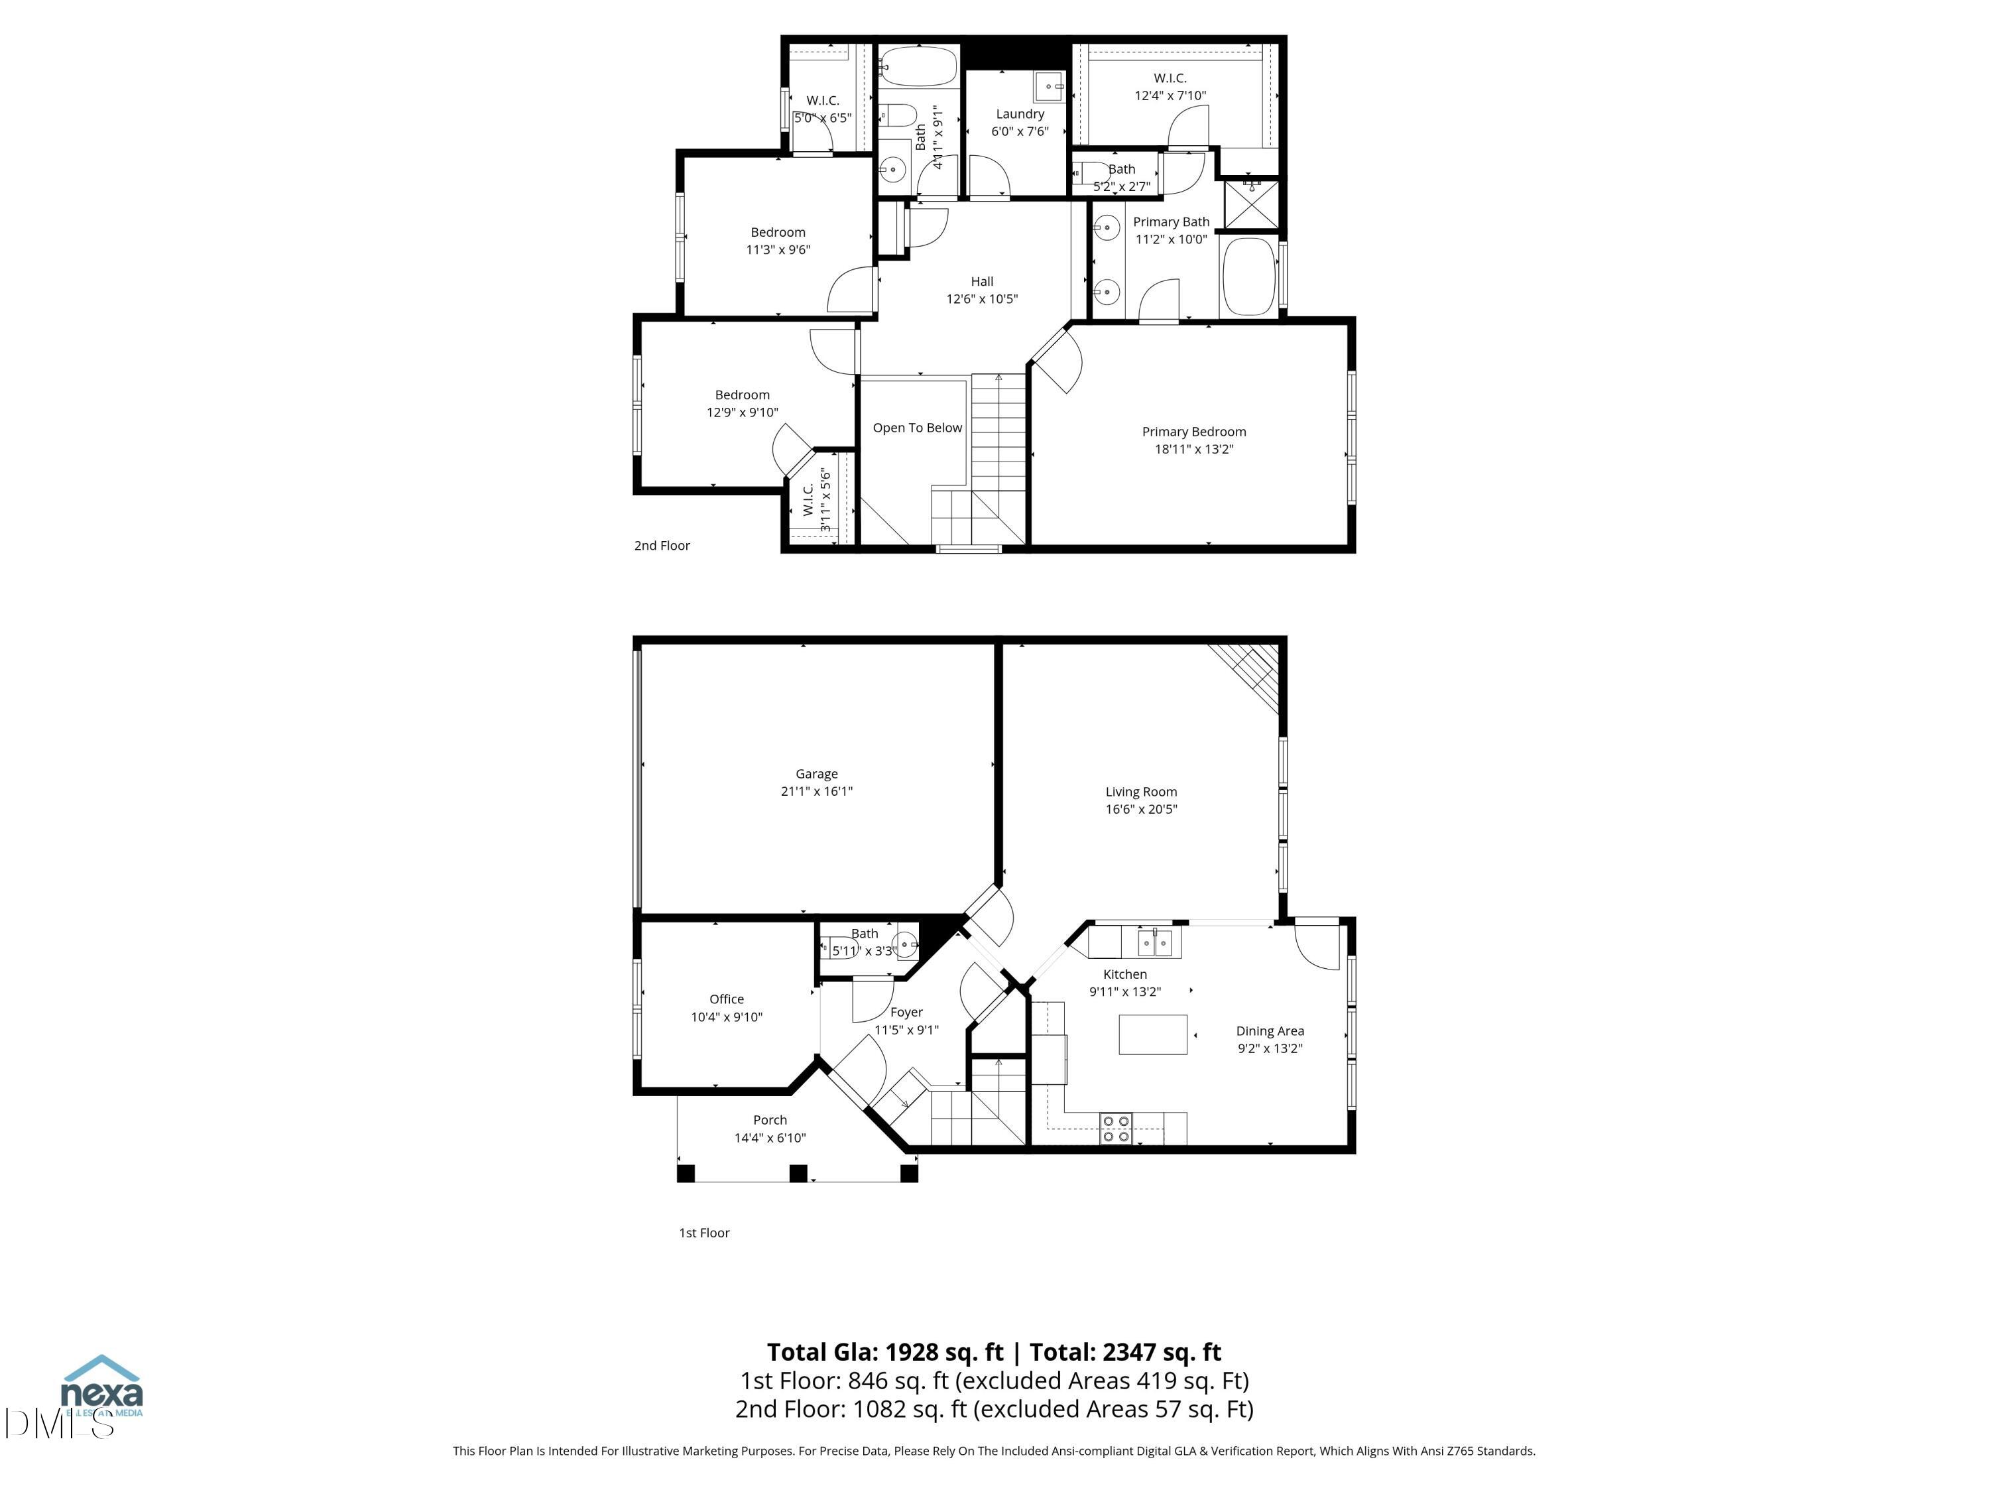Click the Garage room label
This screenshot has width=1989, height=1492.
[x=815, y=773]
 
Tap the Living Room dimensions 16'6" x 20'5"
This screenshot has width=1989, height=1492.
[x=1140, y=808]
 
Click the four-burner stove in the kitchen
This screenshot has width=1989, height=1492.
[x=1116, y=1129]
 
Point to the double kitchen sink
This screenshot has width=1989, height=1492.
[x=1156, y=942]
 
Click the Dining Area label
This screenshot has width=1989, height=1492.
[x=1269, y=1030]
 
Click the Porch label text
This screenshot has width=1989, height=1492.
[x=770, y=1120]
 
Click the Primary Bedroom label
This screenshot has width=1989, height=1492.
[x=1193, y=432]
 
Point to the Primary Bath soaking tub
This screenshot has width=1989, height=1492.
[x=1249, y=276]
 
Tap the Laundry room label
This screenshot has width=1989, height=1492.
[x=1020, y=114]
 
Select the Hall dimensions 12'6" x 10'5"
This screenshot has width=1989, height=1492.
[x=981, y=298]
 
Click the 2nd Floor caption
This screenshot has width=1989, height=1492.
[x=662, y=546]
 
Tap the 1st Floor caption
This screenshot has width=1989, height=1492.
[x=704, y=1233]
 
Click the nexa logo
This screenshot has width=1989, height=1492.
[x=101, y=1389]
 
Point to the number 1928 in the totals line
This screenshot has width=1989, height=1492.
[x=911, y=1351]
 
